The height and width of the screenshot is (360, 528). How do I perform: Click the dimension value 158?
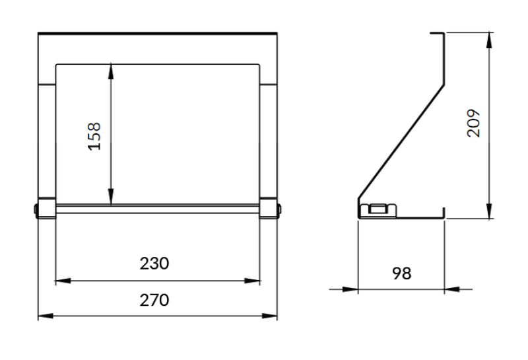[x=95, y=135]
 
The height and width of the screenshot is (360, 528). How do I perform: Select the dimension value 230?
[x=155, y=264]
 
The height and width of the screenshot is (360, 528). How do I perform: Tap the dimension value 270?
[x=155, y=300]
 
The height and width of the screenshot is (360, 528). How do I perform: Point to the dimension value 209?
[x=473, y=122]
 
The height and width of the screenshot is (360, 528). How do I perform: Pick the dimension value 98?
[x=401, y=273]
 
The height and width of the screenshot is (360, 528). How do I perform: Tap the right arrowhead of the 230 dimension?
[x=253, y=281]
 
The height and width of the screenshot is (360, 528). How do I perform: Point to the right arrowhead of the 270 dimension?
[x=271, y=316]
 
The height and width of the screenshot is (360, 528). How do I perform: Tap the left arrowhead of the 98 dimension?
[x=350, y=289]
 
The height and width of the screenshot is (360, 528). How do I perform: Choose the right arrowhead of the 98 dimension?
[x=451, y=289]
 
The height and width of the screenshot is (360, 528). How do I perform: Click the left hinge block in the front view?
[x=46, y=208]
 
